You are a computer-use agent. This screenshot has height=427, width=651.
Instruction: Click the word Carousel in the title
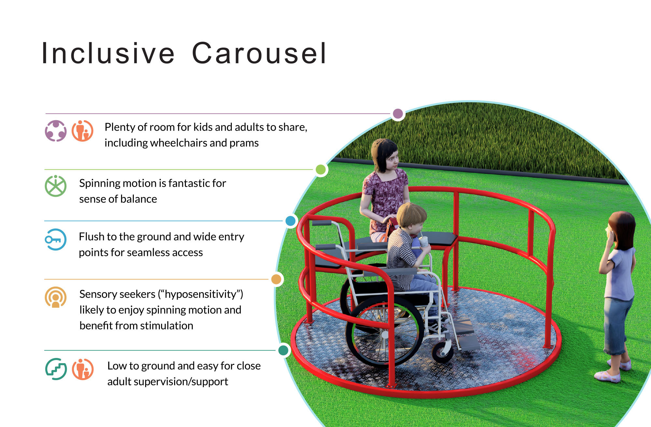(x=259, y=53)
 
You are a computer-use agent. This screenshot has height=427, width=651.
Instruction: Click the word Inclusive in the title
(x=108, y=53)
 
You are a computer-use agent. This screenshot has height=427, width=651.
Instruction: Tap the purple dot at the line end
(x=398, y=114)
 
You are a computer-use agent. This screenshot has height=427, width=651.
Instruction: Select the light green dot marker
(x=321, y=169)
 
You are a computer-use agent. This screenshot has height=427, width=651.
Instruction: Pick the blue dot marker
(x=290, y=221)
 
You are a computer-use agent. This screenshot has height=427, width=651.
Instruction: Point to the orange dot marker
(x=276, y=279)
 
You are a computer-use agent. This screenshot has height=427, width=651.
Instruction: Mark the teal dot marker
(x=284, y=350)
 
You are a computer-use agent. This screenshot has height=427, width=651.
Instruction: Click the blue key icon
(x=56, y=240)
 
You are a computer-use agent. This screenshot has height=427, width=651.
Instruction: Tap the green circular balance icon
(x=56, y=186)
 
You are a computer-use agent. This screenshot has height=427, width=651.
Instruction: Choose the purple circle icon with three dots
(x=56, y=131)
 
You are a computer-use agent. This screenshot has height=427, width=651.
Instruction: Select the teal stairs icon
(x=56, y=369)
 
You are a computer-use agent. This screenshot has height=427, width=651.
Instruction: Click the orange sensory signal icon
(x=56, y=297)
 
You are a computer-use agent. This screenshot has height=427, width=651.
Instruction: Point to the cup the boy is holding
(x=424, y=242)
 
